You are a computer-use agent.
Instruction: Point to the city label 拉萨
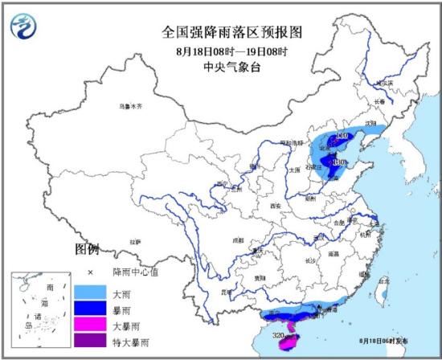tap(134, 241)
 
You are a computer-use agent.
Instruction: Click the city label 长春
tap(379, 102)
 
